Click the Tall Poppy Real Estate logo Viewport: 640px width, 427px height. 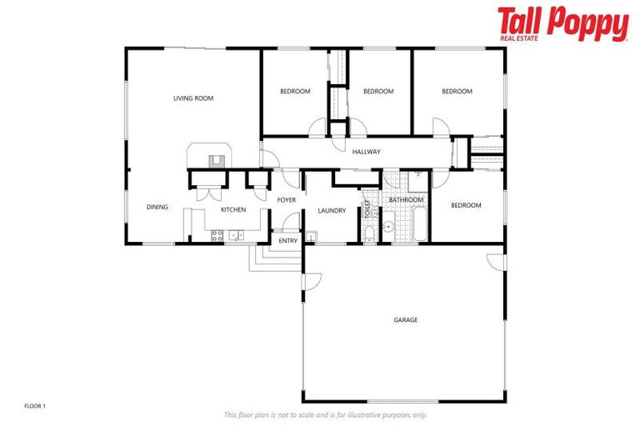coord(562,24)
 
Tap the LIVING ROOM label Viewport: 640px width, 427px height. coord(193,98)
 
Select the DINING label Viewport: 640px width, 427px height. coord(157,208)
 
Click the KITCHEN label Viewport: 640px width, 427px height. coord(232,209)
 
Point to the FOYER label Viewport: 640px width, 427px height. coord(287,200)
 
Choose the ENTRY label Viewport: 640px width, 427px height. coord(287,241)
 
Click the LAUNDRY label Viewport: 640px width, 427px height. coord(332,210)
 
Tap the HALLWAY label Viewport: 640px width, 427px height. coord(366,152)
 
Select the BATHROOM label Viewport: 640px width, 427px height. coord(406,200)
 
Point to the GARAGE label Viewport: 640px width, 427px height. coord(406,319)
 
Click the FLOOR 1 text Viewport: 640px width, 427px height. coord(34,406)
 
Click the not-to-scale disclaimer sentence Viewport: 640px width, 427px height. coord(326,414)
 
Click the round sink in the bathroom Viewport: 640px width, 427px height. coord(388,226)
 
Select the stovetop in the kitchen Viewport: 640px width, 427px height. coord(217,236)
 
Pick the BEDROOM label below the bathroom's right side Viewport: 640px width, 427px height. coord(466,205)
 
